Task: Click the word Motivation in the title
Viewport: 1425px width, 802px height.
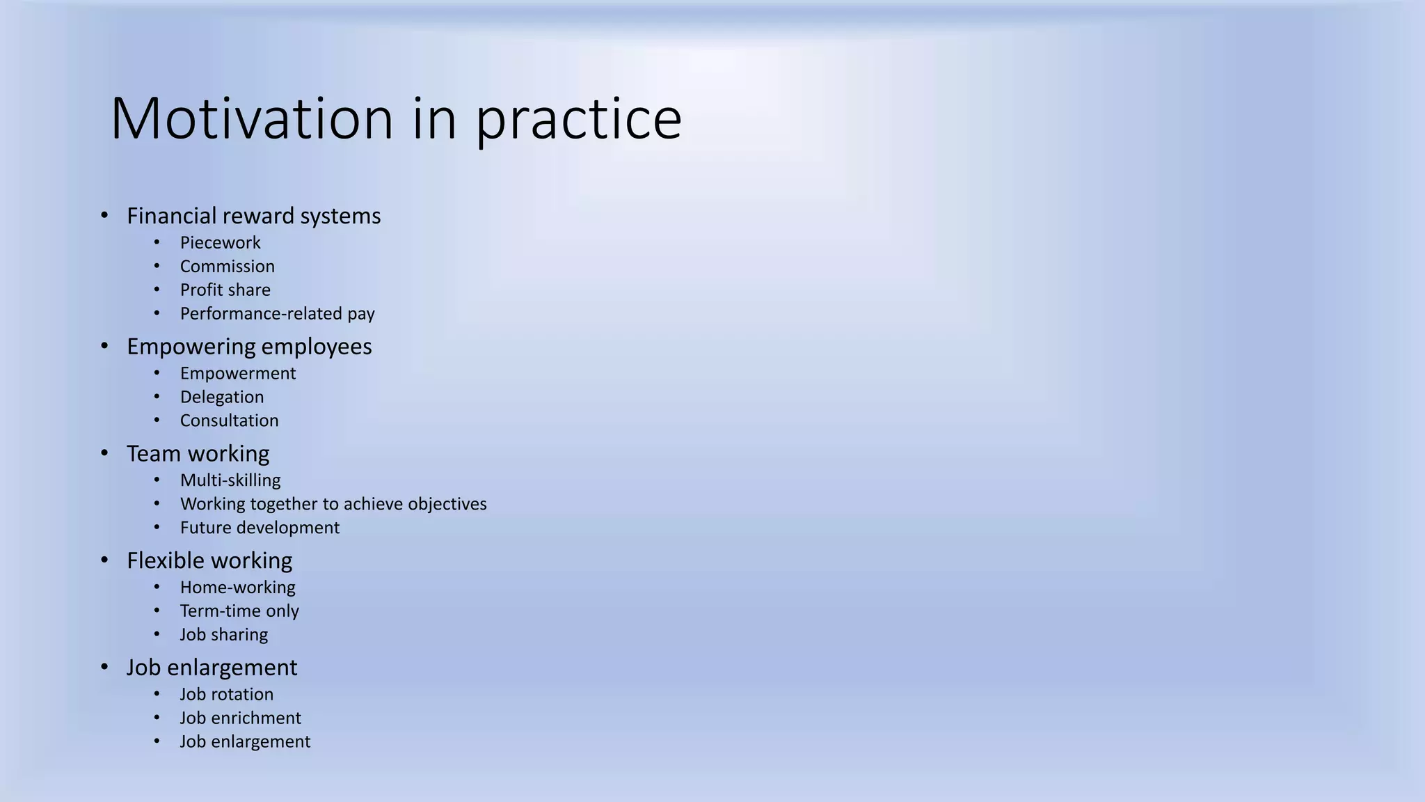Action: pyautogui.click(x=252, y=118)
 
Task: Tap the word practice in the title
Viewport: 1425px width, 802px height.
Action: pyautogui.click(x=578, y=120)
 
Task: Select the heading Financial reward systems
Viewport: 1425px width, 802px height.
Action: pyautogui.click(x=253, y=216)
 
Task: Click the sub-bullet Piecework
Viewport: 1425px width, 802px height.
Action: pyautogui.click(x=220, y=242)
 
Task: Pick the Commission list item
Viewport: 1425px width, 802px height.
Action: pyautogui.click(x=227, y=266)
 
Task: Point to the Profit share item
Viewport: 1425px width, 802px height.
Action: pyautogui.click(x=225, y=290)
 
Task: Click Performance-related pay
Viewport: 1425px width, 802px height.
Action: pyautogui.click(x=277, y=313)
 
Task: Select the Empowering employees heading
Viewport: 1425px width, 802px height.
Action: pyautogui.click(x=249, y=346)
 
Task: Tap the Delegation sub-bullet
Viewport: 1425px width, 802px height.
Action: pyautogui.click(x=221, y=397)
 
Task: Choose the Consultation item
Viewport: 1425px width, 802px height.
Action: pyautogui.click(x=229, y=420)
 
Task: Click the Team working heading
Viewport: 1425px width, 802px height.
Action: pyautogui.click(x=198, y=453)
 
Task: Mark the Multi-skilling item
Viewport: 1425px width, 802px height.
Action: pyautogui.click(x=230, y=480)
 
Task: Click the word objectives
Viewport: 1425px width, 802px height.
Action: pyautogui.click(x=447, y=504)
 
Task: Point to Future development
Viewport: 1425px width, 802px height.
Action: pyautogui.click(x=260, y=528)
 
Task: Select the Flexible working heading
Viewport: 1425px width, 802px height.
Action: pyautogui.click(x=209, y=560)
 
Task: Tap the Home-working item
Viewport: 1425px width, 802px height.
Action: pyautogui.click(x=237, y=588)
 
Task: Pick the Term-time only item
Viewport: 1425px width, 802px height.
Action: pyautogui.click(x=239, y=611)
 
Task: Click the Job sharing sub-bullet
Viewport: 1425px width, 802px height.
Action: pyautogui.click(x=223, y=635)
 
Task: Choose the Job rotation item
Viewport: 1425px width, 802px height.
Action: pyautogui.click(x=226, y=694)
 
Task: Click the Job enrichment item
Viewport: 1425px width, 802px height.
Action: pyautogui.click(x=240, y=718)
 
